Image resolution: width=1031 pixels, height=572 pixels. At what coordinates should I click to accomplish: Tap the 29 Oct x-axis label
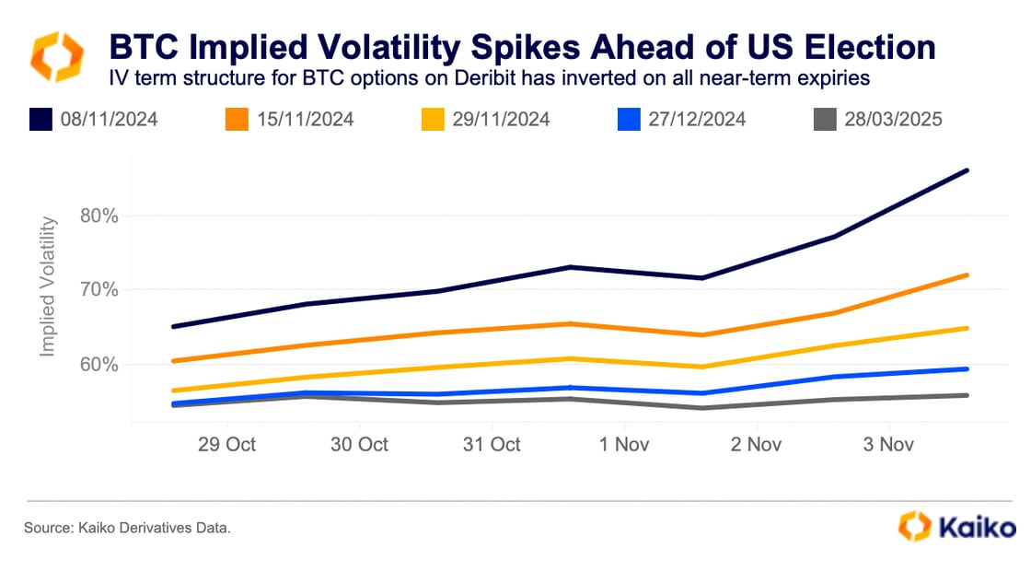pos(226,445)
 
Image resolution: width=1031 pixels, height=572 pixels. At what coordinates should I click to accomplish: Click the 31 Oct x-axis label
pos(492,445)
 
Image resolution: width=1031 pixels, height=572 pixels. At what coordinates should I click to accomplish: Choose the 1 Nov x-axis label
pos(624,445)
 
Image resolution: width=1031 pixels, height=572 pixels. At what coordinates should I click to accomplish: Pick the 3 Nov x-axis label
pos(887,445)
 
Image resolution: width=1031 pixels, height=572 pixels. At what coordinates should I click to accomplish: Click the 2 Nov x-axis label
pos(756,445)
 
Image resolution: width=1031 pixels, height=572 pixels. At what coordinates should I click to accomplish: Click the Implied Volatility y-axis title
pos(49,287)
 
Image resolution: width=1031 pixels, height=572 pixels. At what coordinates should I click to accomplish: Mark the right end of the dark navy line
pos(967,170)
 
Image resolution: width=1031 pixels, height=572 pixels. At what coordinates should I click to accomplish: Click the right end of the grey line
pos(967,395)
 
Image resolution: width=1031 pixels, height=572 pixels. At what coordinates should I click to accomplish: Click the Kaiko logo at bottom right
pos(957,528)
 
